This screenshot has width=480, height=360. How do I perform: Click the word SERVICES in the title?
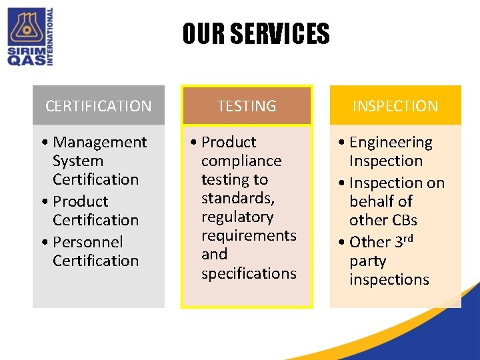[280, 34]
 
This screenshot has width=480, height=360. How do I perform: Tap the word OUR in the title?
[205, 34]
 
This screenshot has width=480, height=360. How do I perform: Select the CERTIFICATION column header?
[99, 106]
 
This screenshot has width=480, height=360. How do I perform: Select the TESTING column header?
[247, 106]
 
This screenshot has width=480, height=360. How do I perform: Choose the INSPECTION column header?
[395, 106]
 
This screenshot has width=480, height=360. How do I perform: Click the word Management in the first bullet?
[99, 142]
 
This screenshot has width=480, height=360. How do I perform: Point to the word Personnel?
[87, 241]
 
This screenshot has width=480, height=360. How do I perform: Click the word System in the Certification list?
[78, 161]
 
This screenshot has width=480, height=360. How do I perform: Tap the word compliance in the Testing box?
[241, 161]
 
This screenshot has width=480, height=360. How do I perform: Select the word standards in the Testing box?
[237, 198]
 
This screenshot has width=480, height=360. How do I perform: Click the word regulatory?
[237, 217]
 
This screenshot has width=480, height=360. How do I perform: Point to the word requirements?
[249, 235]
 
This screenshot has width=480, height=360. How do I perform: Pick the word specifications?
[249, 273]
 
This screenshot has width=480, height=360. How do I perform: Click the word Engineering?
[391, 142]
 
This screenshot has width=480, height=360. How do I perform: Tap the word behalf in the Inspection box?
[381, 201]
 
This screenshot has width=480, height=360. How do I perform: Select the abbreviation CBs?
[403, 220]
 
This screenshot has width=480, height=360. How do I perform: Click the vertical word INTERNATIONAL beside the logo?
[49, 37]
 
